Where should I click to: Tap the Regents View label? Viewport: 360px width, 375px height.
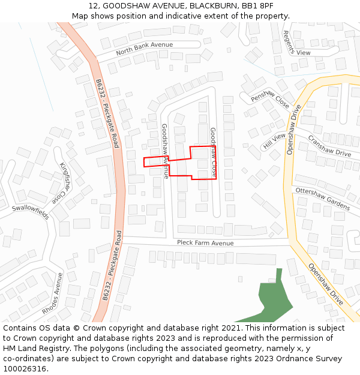(296, 43)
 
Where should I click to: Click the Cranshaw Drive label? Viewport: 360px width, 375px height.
(329, 146)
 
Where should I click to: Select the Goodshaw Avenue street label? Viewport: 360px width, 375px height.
(165, 151)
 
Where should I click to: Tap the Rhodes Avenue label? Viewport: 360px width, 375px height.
(53, 294)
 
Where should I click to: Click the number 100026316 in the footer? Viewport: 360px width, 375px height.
(23, 368)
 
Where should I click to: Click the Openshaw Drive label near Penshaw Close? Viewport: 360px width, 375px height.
(294, 129)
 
